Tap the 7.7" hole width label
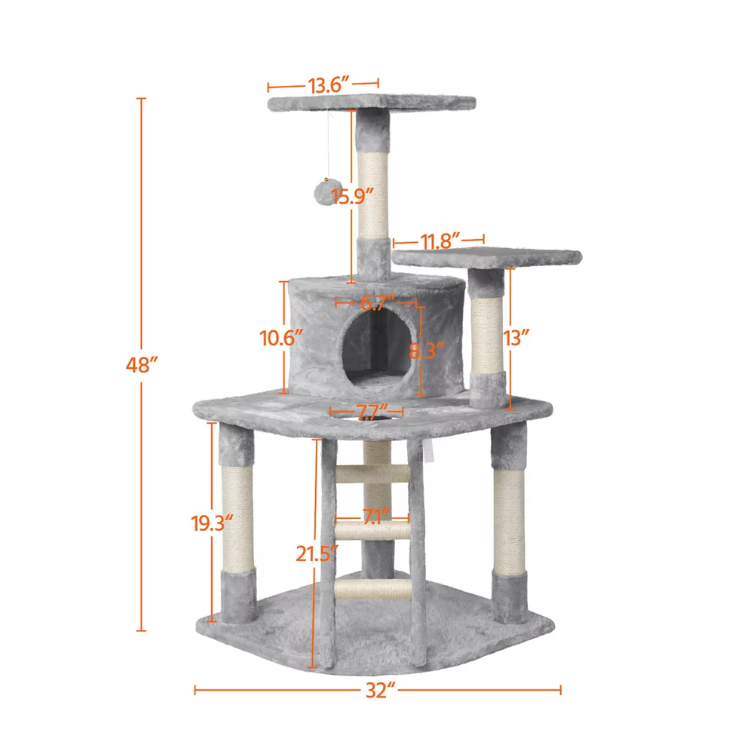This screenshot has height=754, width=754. tap(366, 412)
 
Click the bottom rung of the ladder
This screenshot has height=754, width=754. tap(372, 589)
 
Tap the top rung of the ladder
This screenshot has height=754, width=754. tap(373, 474)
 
